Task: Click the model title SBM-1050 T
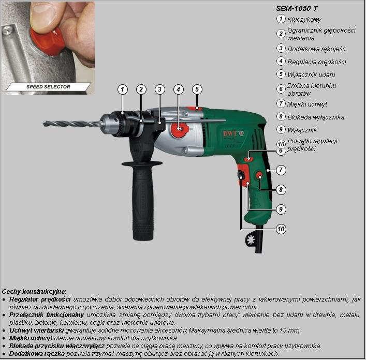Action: [297, 8]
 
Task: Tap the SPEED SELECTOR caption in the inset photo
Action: [48, 87]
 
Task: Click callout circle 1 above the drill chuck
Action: [123, 89]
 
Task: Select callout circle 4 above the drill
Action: [178, 89]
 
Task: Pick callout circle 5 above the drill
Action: [197, 89]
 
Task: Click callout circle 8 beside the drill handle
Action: [281, 189]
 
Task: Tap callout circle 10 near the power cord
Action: [281, 229]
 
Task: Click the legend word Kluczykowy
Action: [304, 19]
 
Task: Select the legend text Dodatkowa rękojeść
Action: [316, 49]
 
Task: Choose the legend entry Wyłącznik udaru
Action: [311, 75]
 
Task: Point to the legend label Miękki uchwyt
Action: [307, 104]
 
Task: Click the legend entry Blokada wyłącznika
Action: [316, 117]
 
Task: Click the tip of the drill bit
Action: [43, 123]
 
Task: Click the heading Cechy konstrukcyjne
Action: [34, 291]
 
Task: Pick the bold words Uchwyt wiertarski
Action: [37, 331]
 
